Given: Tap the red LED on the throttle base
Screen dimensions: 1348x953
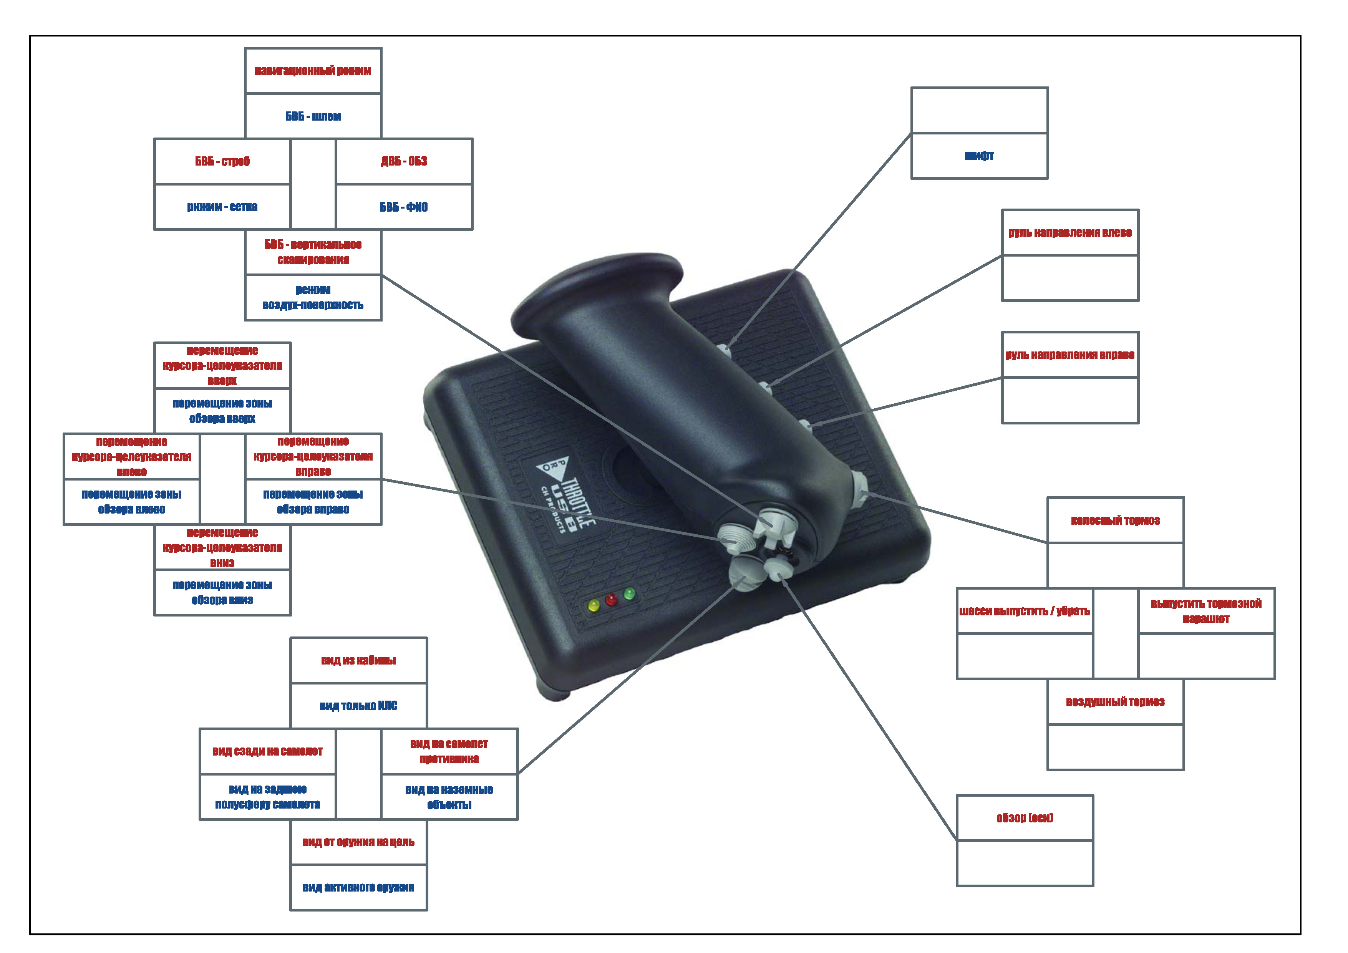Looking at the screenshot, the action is (x=611, y=600).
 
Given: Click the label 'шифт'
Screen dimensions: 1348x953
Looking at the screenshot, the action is (x=979, y=156).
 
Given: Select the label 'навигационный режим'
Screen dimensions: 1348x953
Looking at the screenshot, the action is (x=313, y=70).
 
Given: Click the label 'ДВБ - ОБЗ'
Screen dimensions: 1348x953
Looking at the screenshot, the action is (x=404, y=161).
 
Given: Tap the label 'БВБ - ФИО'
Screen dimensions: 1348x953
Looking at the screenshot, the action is (x=404, y=207).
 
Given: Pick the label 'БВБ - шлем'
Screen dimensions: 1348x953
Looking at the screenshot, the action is (x=313, y=116).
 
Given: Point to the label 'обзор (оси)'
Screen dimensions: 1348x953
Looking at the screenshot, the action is (x=1025, y=817).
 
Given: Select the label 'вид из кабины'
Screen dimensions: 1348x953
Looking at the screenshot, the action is (x=358, y=660).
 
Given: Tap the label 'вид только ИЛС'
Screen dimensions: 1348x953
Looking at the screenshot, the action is (x=358, y=706).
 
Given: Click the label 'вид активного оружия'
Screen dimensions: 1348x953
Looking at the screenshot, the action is (x=358, y=887).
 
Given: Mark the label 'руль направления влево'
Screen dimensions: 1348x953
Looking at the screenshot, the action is (x=1070, y=232).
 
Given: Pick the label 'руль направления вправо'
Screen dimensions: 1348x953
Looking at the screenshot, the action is (x=1070, y=355).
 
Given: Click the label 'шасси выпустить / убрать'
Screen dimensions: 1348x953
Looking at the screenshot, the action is (x=1025, y=611).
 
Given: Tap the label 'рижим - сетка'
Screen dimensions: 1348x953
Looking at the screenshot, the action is (x=222, y=207).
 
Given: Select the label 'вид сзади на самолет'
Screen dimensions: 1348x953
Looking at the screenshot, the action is (x=267, y=751).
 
